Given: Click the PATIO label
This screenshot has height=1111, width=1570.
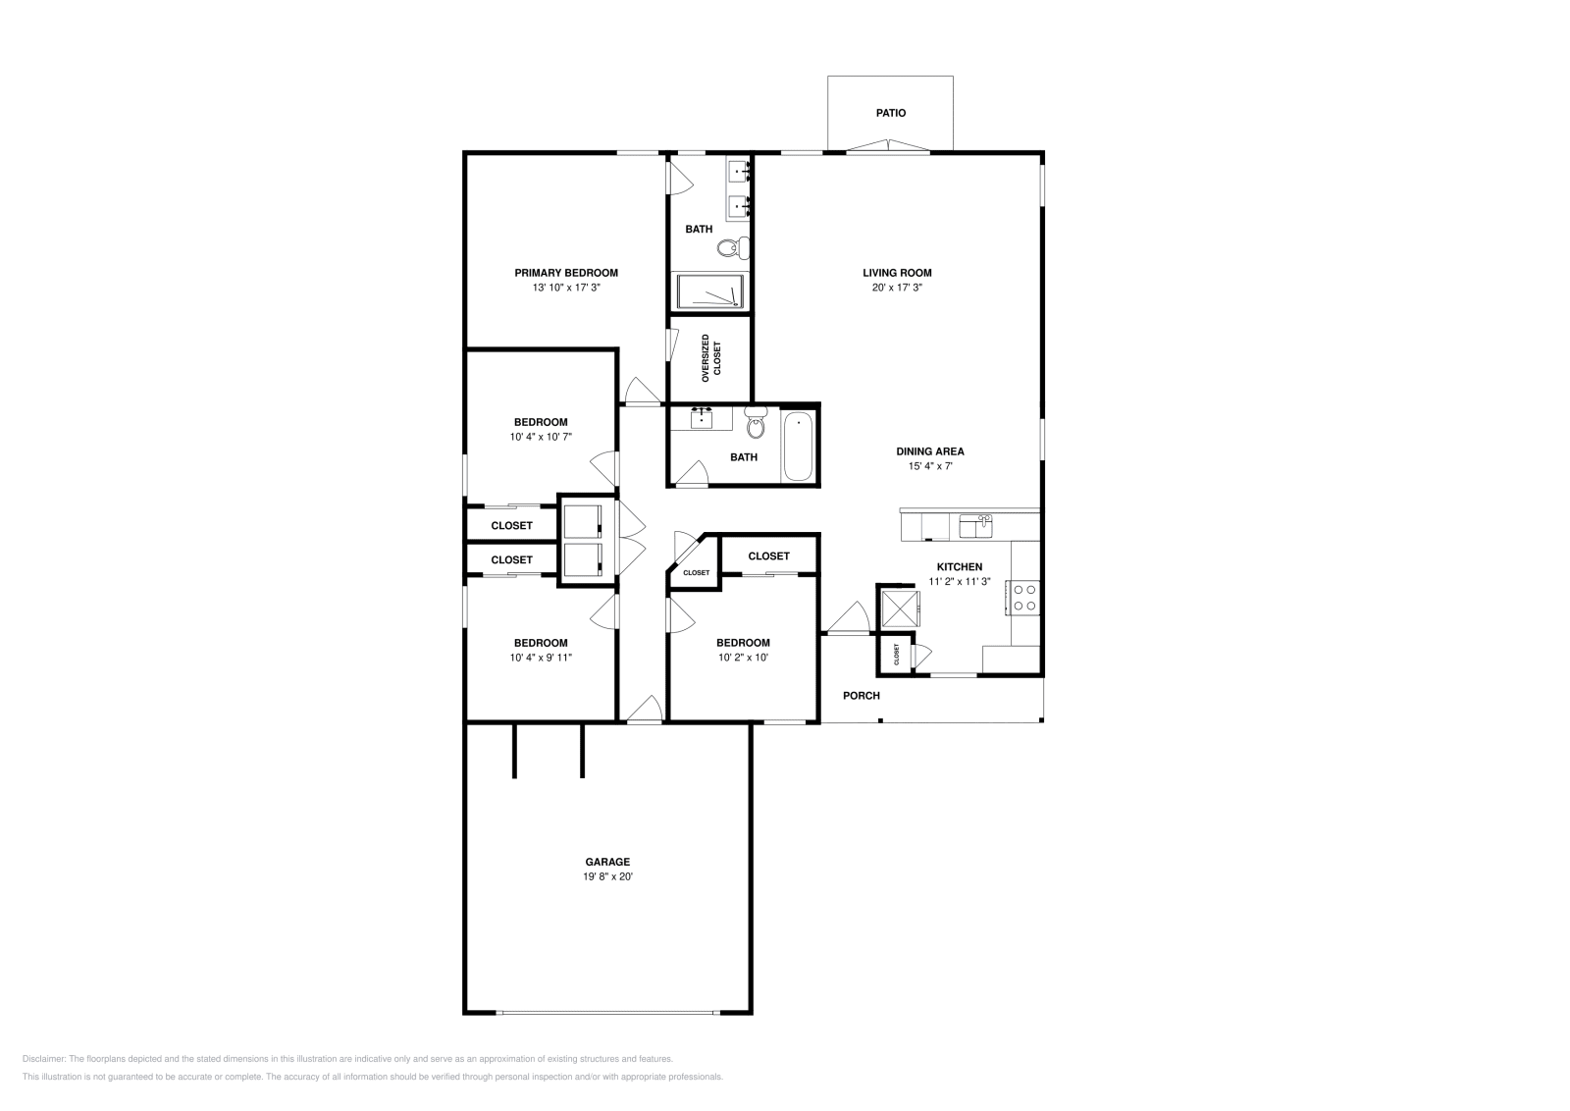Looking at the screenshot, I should (x=890, y=113).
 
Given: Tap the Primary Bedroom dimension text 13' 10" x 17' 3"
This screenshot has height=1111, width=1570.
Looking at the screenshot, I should (x=566, y=289).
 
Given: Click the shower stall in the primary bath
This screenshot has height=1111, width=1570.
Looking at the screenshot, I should (x=710, y=292).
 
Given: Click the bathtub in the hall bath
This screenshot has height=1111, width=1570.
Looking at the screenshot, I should (x=798, y=447).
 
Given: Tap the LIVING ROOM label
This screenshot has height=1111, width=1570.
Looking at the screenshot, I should (x=897, y=273).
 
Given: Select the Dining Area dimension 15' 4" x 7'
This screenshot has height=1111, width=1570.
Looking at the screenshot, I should (x=929, y=467).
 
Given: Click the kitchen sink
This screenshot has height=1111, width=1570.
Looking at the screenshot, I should (x=975, y=526).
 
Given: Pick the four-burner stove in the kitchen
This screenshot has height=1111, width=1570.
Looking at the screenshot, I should (x=1025, y=598).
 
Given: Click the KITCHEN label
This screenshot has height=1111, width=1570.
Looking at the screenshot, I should (x=959, y=567).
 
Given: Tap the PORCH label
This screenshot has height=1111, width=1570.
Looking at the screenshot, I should (x=862, y=696).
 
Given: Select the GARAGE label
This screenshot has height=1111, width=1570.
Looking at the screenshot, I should (x=607, y=863).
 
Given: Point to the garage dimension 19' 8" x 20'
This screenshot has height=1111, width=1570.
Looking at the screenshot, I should (x=607, y=877).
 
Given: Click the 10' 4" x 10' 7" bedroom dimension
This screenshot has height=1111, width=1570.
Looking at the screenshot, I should (x=541, y=438).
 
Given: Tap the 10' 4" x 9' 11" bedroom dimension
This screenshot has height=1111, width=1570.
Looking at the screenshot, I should (x=541, y=659).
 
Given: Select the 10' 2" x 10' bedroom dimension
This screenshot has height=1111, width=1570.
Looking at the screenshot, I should (x=743, y=659).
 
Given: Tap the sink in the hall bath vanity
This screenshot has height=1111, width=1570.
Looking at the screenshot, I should (x=702, y=419).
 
